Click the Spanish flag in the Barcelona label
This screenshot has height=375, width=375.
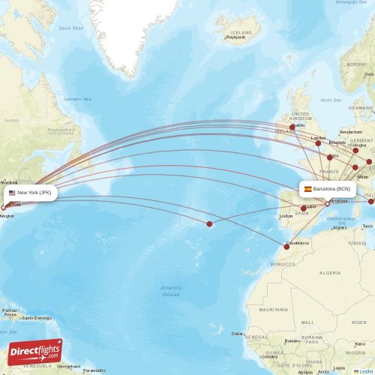point(307,189)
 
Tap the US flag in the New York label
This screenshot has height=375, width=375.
point(12,193)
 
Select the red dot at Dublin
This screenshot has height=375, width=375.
point(292,127)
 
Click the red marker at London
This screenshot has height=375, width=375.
point(318,143)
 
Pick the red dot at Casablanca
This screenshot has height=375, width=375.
point(286,246)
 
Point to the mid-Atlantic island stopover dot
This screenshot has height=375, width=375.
point(209,223)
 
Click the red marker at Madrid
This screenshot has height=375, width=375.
point(304,208)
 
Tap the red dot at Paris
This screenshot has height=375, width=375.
point(329,157)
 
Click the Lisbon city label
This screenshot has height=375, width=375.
point(286,217)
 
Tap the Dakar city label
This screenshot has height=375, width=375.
point(238,334)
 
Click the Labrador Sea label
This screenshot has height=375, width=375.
point(77,99)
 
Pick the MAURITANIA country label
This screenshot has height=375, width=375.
point(273,310)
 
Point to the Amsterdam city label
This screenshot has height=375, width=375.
point(350,131)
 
